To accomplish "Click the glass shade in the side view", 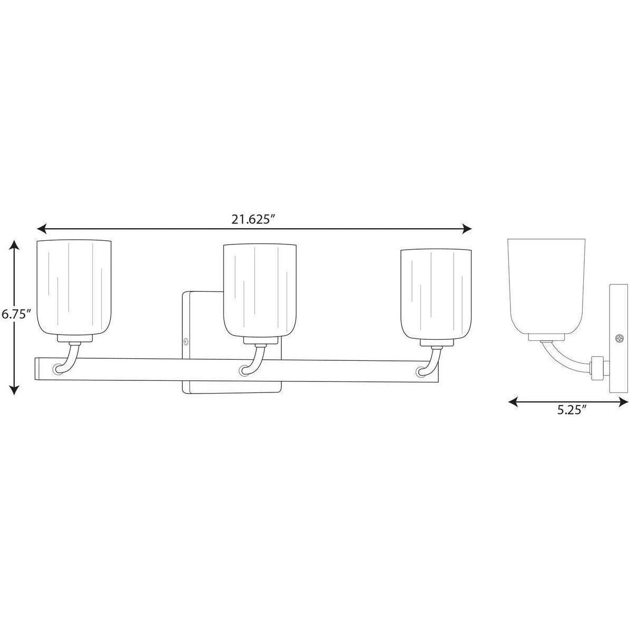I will pos(547,287).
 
